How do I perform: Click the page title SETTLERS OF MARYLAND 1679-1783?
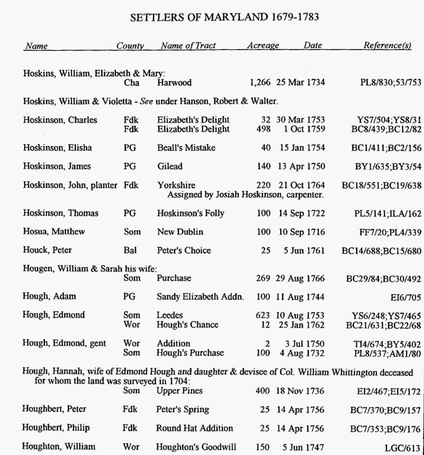(x=225, y=17)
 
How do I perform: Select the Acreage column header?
(x=263, y=46)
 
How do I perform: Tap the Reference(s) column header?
(x=387, y=46)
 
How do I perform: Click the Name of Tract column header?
(x=188, y=46)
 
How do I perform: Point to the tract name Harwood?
(x=174, y=83)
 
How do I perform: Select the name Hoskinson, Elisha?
(x=57, y=148)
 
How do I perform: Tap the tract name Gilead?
(x=170, y=166)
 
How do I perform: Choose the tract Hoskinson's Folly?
(x=191, y=213)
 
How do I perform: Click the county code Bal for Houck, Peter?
(x=130, y=250)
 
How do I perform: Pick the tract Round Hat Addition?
(x=195, y=428)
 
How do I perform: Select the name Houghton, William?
(x=59, y=447)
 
